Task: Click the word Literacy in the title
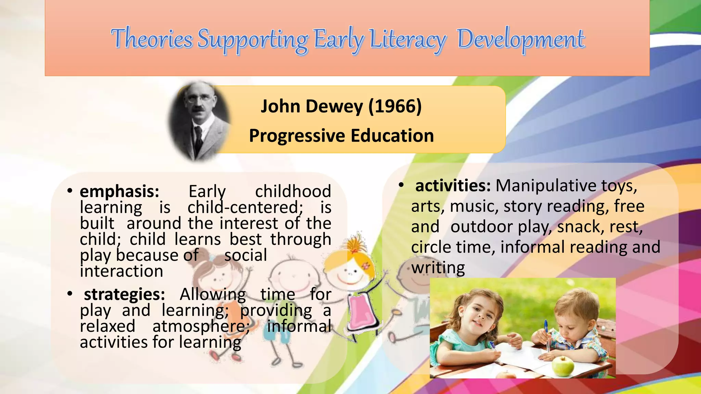[x=407, y=39]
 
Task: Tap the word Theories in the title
[x=152, y=38]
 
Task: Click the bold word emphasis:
[x=119, y=191]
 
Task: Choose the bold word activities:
[x=453, y=186]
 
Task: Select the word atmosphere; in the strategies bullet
[x=201, y=326]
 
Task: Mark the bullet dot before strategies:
[x=70, y=293]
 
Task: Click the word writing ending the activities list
[x=438, y=267]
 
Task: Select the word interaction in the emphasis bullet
[x=122, y=272]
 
